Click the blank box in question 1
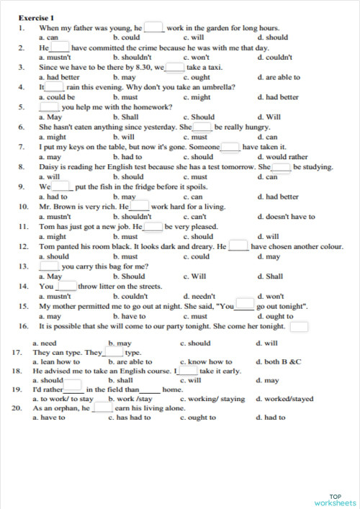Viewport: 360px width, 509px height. (153, 27)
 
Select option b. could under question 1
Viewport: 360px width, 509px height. (127, 37)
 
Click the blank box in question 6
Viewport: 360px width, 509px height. (202, 127)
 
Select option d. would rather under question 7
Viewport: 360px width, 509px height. (282, 156)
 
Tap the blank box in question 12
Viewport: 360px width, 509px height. (238, 246)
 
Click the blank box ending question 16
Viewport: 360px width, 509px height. (300, 327)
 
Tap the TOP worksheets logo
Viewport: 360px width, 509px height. (335, 499)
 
